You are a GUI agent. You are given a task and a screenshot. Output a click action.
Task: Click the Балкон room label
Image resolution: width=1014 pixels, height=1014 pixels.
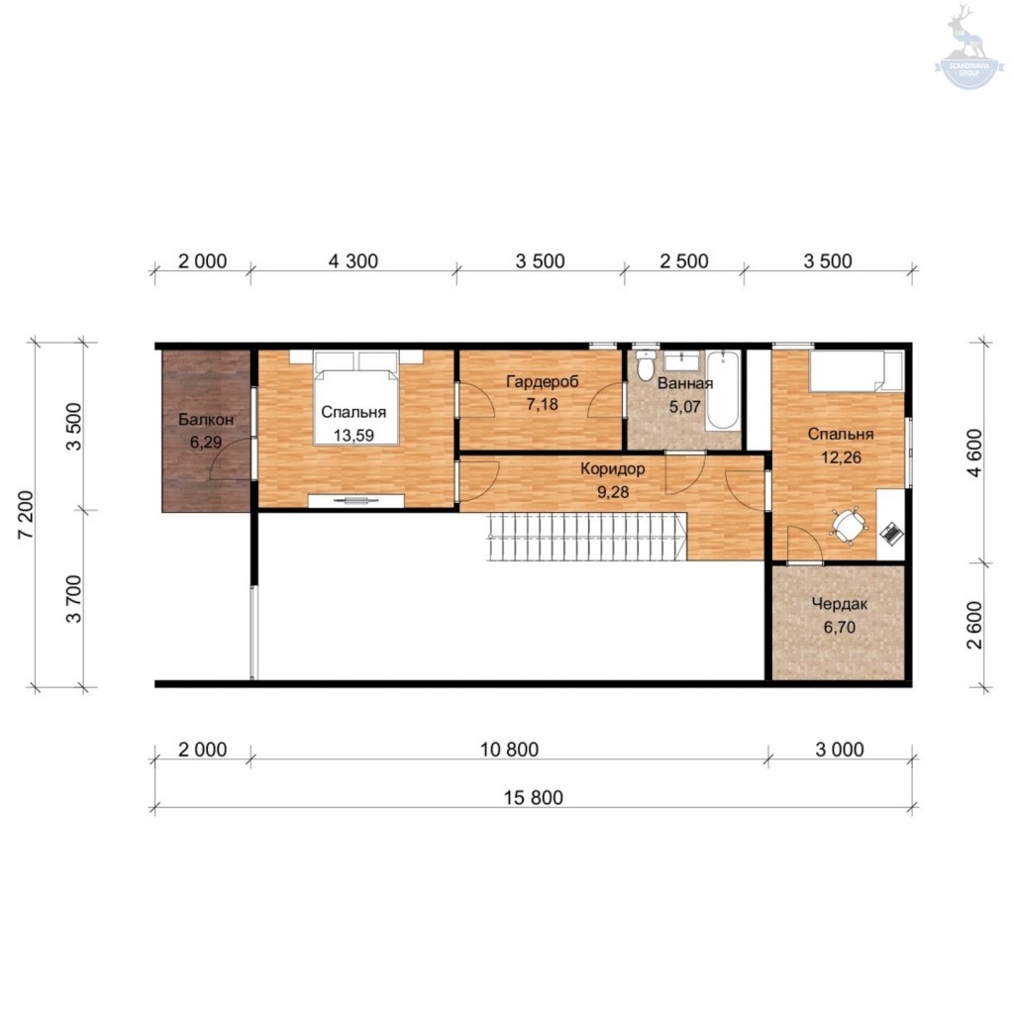(206, 420)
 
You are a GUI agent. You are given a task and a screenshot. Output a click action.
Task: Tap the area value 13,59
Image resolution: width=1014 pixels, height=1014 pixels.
(354, 436)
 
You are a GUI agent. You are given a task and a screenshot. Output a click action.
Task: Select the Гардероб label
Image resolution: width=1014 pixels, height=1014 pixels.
(542, 381)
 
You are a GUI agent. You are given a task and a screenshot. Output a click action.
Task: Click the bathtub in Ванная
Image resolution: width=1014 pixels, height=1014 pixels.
(722, 390)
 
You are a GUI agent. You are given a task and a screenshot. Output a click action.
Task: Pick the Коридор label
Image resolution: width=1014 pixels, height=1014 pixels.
(612, 468)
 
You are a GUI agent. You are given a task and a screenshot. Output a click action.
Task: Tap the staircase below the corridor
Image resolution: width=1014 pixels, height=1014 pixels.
(587, 537)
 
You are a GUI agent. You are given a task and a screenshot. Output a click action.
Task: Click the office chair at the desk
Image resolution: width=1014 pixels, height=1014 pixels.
(848, 525)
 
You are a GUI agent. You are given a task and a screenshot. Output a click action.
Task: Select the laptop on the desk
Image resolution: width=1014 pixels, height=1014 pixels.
(892, 534)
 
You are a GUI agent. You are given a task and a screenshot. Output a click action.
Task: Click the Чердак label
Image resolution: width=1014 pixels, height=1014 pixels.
(840, 605)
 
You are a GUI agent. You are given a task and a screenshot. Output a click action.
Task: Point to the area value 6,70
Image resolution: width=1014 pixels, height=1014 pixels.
(840, 627)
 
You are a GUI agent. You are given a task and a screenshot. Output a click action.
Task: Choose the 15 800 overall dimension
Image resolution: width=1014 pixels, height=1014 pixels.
(534, 798)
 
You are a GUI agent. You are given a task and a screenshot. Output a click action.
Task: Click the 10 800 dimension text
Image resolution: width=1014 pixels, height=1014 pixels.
(509, 750)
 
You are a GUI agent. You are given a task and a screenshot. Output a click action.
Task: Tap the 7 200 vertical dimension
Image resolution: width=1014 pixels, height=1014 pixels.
(25, 515)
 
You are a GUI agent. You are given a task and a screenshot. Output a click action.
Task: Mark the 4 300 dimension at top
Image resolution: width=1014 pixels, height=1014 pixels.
(354, 261)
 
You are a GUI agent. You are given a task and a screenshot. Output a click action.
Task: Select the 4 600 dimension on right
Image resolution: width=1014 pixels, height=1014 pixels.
(974, 453)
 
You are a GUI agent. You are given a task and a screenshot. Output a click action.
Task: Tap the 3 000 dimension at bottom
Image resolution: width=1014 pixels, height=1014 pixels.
(840, 750)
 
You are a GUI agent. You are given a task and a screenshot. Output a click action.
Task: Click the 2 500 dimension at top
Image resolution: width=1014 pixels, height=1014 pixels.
(684, 261)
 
